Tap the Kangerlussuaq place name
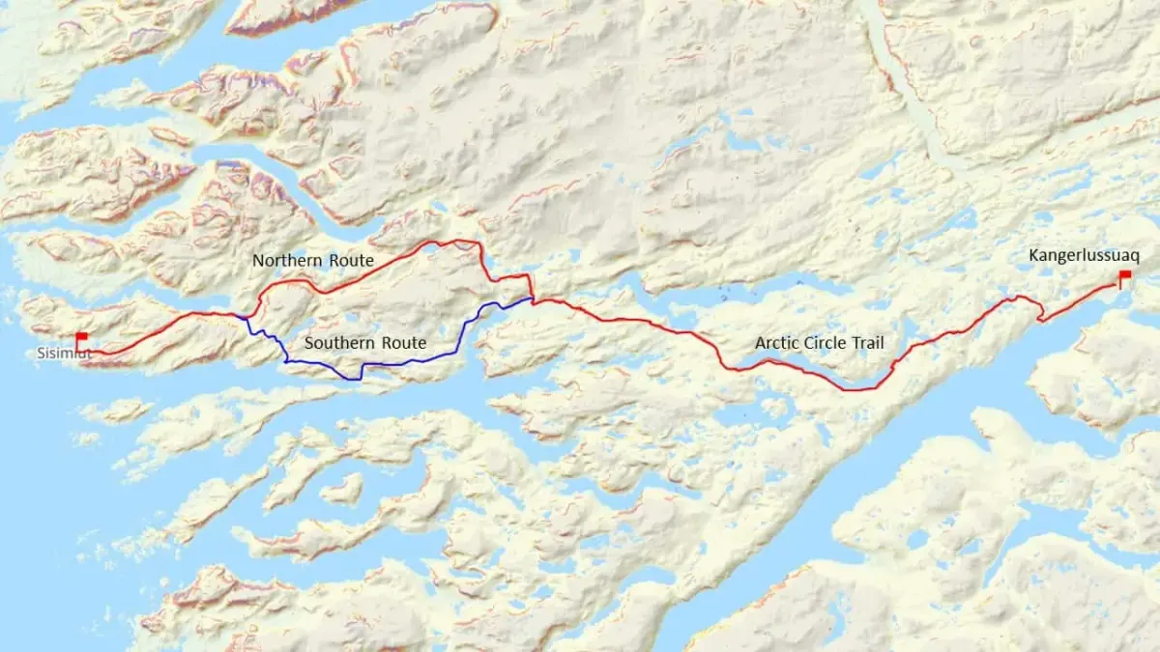pyautogui.click(x=1085, y=256)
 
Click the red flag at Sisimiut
pyautogui.click(x=81, y=336)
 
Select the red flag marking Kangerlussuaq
pyautogui.click(x=1125, y=275)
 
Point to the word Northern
pyautogui.click(x=282, y=261)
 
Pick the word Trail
pyautogui.click(x=867, y=343)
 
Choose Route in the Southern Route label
pyautogui.click(x=404, y=343)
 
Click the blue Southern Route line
pyautogui.click(x=416, y=360)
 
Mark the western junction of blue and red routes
pyautogui.click(x=246, y=317)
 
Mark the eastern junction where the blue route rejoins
pyautogui.click(x=531, y=299)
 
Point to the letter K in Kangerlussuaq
pyautogui.click(x=1034, y=256)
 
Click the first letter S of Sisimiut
pyautogui.click(x=41, y=354)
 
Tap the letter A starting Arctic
pyautogui.click(x=760, y=343)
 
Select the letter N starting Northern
pyautogui.click(x=258, y=261)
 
